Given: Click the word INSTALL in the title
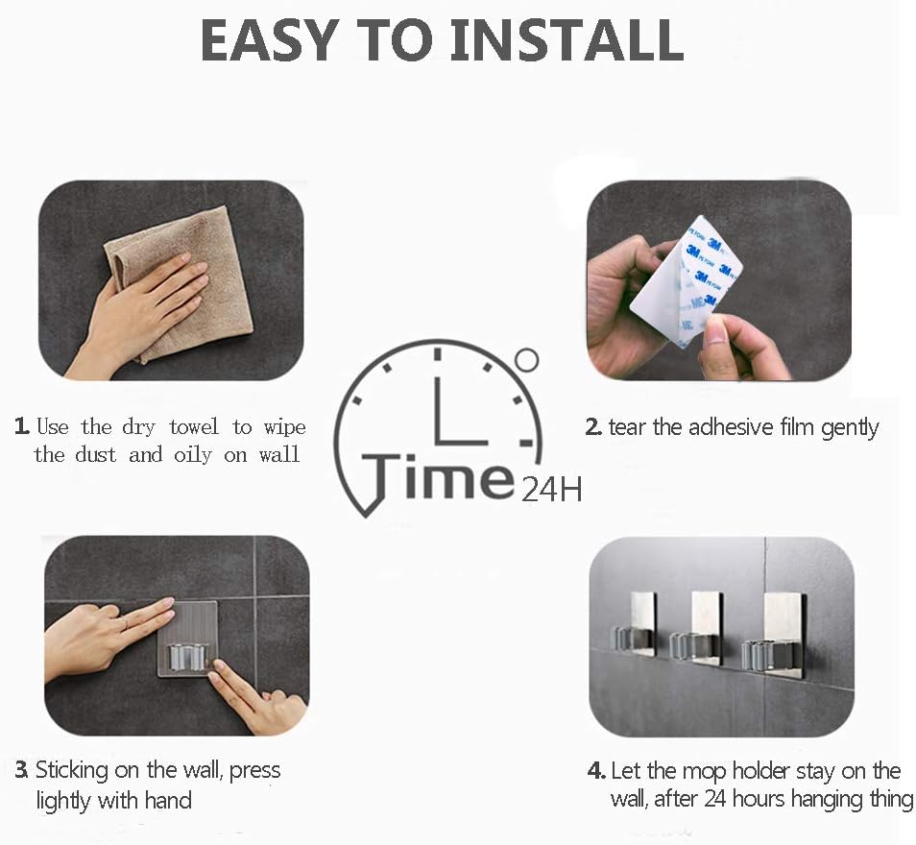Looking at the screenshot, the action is click(567, 39).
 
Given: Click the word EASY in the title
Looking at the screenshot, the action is click(268, 39).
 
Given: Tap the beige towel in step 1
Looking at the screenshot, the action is click(181, 280).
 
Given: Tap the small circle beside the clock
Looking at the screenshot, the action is click(526, 360).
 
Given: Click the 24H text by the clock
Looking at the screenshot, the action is click(551, 490).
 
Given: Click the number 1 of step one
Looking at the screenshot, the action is click(22, 425).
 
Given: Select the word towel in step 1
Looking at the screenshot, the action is click(194, 426).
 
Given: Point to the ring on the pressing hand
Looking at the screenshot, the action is click(125, 623).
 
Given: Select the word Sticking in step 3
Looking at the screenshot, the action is click(72, 771).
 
